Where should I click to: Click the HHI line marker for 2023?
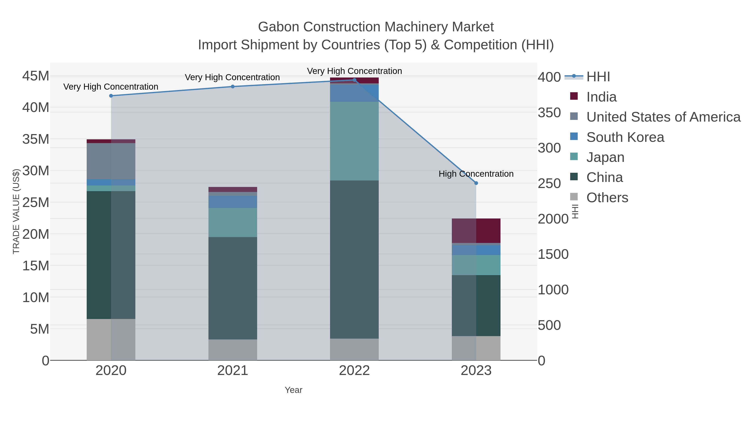point(476,183)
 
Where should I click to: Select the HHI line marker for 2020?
point(111,96)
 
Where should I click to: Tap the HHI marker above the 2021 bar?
point(233,86)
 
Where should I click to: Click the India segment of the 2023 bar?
point(476,231)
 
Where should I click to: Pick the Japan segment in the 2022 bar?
point(354,141)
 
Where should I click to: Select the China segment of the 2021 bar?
point(233,288)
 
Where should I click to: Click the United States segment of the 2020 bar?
point(111,161)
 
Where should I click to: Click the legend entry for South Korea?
point(625,137)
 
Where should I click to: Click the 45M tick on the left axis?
point(36,76)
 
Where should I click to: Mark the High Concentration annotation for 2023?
point(476,174)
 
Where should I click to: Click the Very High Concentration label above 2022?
point(354,71)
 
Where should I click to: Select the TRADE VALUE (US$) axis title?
point(16,211)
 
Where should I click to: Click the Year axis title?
point(293,390)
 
